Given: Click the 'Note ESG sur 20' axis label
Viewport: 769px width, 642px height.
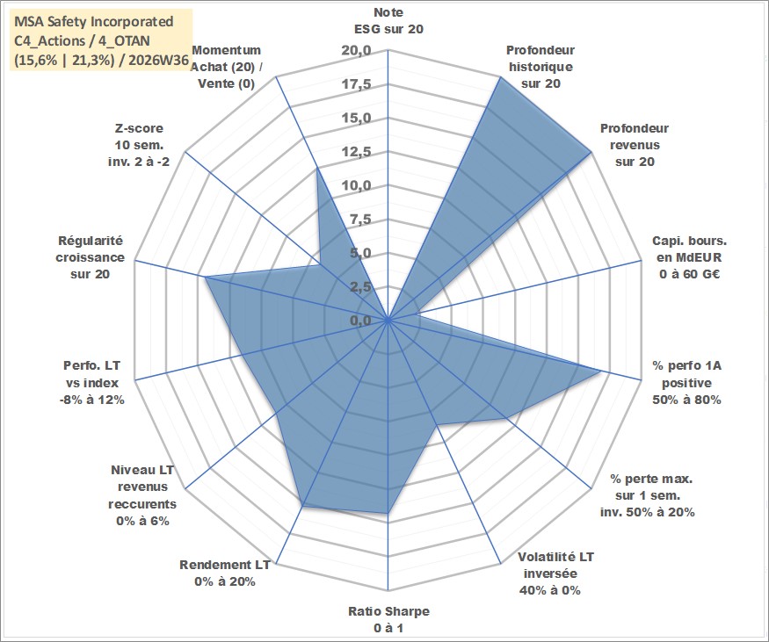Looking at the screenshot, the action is (x=388, y=20).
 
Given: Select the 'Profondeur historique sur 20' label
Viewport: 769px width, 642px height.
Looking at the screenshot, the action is (x=540, y=67).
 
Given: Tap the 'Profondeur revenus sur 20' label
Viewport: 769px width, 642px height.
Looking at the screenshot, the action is (x=635, y=145).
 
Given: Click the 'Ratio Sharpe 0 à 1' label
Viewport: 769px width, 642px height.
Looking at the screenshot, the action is (x=388, y=619).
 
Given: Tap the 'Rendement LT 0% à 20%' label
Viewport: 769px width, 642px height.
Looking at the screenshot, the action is (x=225, y=573).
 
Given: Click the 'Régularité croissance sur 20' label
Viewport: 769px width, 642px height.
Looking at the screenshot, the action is (x=91, y=257).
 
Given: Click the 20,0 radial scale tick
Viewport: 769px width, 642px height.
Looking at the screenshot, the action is (x=356, y=50).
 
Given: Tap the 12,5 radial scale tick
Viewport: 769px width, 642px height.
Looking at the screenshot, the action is (x=356, y=152).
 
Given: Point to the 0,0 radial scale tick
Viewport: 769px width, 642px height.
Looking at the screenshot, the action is (x=360, y=321).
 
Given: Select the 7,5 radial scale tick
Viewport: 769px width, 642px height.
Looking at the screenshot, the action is (x=360, y=220).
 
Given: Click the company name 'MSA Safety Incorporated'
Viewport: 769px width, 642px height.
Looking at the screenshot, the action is (x=94, y=22).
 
